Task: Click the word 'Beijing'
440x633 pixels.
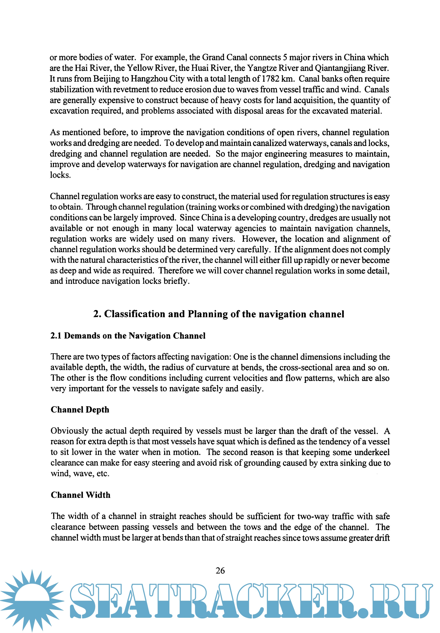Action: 107,79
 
